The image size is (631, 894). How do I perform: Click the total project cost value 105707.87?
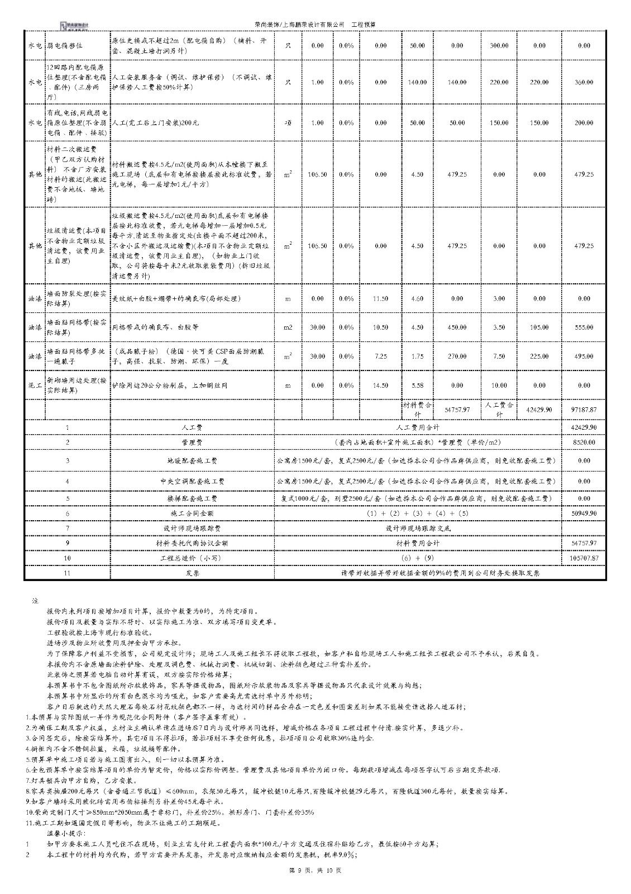click(584, 558)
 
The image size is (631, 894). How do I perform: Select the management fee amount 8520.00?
click(584, 442)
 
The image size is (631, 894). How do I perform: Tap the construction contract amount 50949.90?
click(584, 513)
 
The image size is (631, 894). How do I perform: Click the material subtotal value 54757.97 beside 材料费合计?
click(457, 410)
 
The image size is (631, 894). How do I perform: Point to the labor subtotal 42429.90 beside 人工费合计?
click(539, 410)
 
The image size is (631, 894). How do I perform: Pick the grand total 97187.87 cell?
click(584, 410)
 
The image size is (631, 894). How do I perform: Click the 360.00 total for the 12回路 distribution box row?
click(584, 82)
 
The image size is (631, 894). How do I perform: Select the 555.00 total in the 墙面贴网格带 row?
click(584, 327)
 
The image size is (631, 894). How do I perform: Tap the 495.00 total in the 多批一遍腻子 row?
click(584, 356)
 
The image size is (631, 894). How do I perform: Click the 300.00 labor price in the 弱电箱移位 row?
click(499, 45)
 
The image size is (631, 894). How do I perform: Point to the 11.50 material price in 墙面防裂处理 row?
click(380, 298)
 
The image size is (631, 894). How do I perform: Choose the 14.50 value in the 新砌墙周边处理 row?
click(380, 386)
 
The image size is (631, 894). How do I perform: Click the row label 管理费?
click(193, 442)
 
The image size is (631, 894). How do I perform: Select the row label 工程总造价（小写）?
click(193, 558)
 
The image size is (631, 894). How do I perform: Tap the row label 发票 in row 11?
click(193, 573)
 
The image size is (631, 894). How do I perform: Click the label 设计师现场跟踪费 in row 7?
click(193, 528)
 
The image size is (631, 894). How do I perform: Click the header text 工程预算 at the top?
click(363, 25)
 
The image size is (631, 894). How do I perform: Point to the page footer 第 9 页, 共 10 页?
click(315, 871)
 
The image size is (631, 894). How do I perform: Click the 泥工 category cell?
click(35, 386)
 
